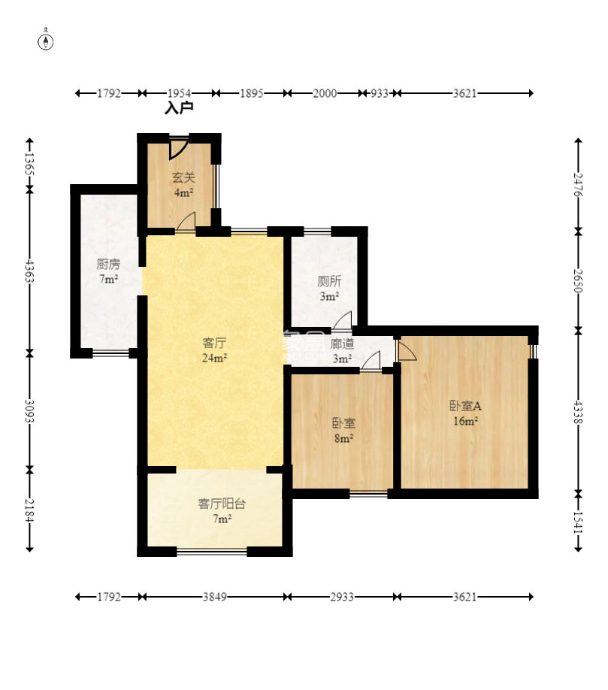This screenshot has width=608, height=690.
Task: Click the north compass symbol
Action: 46,41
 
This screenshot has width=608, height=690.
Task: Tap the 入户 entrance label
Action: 179,107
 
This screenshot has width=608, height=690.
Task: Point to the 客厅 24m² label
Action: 214,350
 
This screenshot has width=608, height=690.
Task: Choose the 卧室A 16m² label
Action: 465,413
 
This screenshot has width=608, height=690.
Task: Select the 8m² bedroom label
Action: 343,439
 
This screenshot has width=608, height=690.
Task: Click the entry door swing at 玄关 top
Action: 179,148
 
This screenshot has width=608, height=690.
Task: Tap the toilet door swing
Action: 342,320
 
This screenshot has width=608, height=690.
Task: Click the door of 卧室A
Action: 407,350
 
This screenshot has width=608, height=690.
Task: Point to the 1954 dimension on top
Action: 179,93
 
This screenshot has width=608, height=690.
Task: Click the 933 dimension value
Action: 380,93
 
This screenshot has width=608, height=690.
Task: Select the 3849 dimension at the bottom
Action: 215,597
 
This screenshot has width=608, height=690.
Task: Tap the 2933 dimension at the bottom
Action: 342,597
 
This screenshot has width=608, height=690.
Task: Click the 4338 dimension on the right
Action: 578,412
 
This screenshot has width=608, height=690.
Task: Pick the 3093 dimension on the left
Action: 29,411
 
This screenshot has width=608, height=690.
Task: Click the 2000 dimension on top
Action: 325,93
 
